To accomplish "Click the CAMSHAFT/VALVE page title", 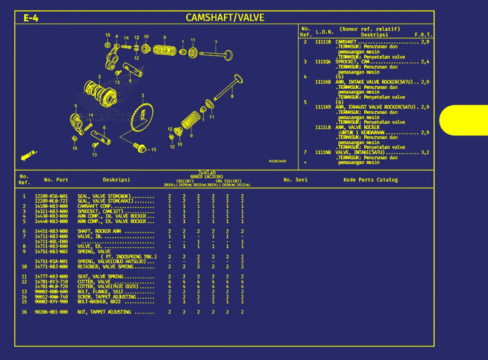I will [x=225, y=18].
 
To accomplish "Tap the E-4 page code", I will [x=31, y=18].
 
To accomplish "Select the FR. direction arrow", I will [x=29, y=155].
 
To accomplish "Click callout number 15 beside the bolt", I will [x=154, y=149].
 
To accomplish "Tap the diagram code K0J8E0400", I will [x=278, y=161].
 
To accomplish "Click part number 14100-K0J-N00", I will [x=51, y=206].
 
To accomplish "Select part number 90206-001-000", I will [x=51, y=312].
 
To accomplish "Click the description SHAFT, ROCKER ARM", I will [x=99, y=231].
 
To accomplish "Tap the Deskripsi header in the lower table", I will [x=116, y=180].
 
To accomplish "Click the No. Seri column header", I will [x=295, y=180].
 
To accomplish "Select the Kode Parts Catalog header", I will [x=370, y=180].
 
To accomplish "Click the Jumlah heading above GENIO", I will [x=207, y=173].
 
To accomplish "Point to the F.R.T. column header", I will [x=423, y=34].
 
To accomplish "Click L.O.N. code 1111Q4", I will [x=323, y=62].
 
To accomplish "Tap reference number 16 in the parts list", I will [x=24, y=312].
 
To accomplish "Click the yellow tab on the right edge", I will [x=465, y=120].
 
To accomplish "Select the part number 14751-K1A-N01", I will [x=51, y=262].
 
